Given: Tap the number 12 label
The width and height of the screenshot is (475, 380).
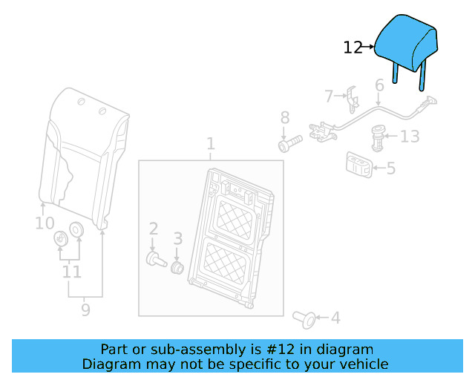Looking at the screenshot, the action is (x=353, y=48).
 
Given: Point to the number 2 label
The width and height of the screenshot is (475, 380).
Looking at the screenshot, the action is (x=153, y=229).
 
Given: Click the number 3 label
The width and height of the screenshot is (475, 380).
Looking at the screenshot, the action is (x=177, y=238).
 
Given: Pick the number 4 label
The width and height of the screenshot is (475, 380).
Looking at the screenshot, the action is (x=335, y=318).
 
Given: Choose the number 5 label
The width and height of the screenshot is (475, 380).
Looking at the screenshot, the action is (x=390, y=168).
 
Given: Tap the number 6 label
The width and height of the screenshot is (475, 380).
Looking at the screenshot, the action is (x=379, y=86).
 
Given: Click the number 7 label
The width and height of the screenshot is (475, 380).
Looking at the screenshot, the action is (x=329, y=96).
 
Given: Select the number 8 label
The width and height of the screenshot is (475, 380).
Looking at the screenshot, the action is (x=284, y=117).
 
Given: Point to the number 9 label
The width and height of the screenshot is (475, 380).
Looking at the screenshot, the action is (x=85, y=309).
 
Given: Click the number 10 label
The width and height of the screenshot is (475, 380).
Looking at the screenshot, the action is (x=45, y=223).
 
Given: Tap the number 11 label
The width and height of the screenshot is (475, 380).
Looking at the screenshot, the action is (x=71, y=272).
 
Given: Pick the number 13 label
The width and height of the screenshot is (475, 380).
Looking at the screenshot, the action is (x=410, y=137).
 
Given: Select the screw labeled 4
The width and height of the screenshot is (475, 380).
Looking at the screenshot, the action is (x=304, y=318).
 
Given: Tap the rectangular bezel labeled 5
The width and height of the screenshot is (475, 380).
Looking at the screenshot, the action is (x=358, y=165).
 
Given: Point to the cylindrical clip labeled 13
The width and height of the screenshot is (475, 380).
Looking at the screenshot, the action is (x=379, y=137).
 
